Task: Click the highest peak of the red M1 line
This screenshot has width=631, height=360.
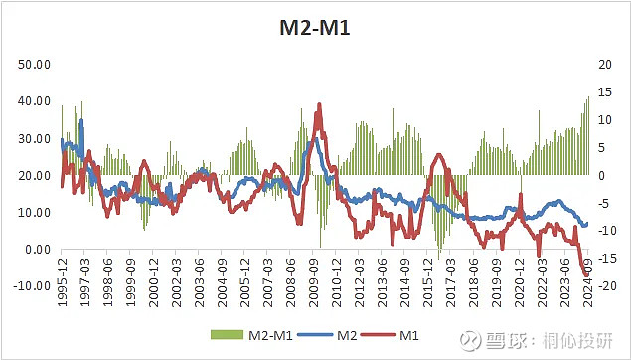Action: pyautogui.click(x=319, y=104)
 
